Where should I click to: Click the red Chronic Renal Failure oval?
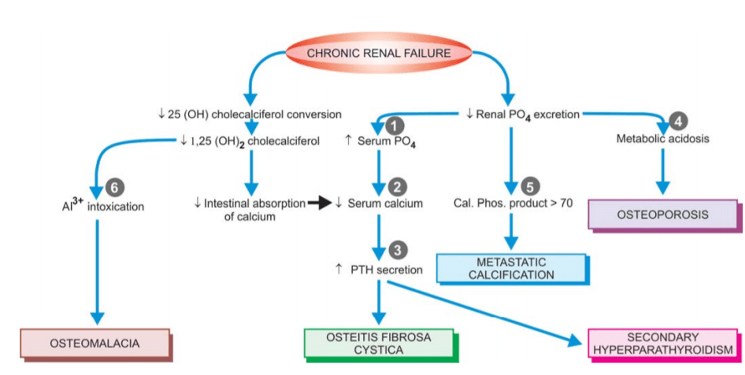coord(378,54)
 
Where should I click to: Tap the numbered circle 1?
coord(396,124)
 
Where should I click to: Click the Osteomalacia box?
coord(94,343)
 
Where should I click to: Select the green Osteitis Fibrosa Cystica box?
coord(378,343)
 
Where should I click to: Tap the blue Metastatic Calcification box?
coord(511,268)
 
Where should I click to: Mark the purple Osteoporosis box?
coord(662,213)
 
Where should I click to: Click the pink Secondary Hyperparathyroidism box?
coord(663,343)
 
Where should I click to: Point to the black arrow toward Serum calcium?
coord(321,203)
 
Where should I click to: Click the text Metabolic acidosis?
coord(662,140)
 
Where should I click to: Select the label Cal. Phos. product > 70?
coord(513,203)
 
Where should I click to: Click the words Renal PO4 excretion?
coord(523,114)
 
